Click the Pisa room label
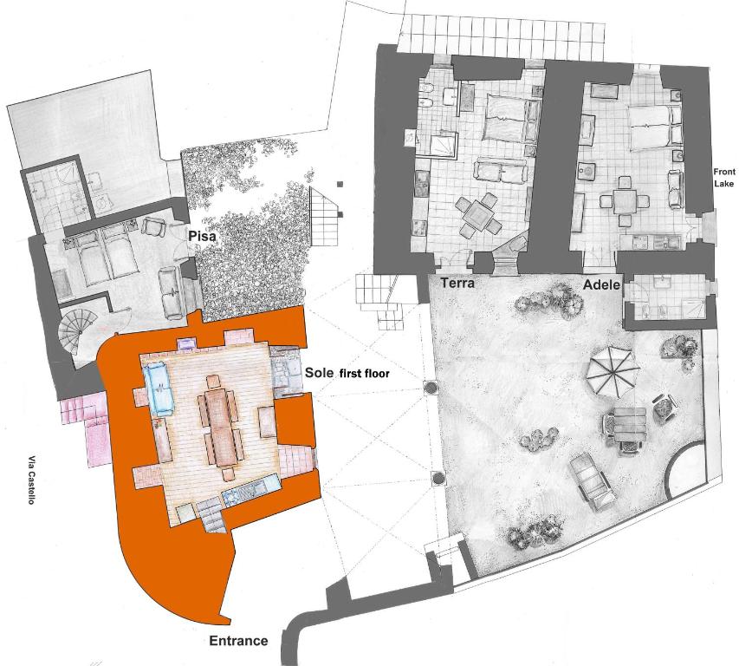pos(203,236)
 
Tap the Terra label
pos(457,283)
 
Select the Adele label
pos(601,285)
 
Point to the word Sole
pos(319,372)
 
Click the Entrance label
pos(238,641)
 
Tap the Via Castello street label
pos(31,480)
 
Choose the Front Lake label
pos(724,178)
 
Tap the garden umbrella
pos(613,372)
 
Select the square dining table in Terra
pos(477,216)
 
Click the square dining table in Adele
pos(624,202)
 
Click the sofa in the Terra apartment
pos(500,170)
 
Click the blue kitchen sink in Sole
pos(231,497)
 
